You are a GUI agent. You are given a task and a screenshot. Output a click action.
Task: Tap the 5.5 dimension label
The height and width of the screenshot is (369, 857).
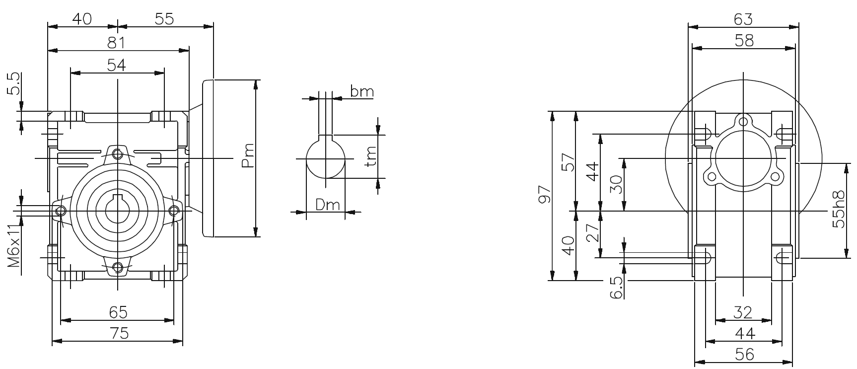click(14, 83)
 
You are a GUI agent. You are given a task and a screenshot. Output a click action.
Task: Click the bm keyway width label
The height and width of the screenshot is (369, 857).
click(361, 91)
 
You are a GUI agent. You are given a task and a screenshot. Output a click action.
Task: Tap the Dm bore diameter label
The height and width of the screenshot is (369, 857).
click(328, 204)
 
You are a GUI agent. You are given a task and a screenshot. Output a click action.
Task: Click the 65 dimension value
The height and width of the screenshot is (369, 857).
click(118, 312)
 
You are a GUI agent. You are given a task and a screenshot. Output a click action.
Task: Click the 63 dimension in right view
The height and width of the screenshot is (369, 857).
click(743, 19)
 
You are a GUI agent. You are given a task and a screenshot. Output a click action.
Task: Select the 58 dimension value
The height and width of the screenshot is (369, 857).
click(743, 40)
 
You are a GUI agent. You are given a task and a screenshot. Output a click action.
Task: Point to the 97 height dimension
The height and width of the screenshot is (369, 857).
click(544, 195)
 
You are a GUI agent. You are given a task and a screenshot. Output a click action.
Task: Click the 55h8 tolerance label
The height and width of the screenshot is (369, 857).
click(839, 209)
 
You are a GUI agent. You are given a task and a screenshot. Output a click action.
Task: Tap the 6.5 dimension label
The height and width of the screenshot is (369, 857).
click(616, 288)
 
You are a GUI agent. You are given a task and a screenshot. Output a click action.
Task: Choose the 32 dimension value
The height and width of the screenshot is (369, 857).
click(743, 312)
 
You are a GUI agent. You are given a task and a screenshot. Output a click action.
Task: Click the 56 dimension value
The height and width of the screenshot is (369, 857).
click(743, 354)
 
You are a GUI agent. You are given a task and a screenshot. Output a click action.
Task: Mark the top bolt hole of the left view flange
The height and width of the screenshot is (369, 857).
click(117, 154)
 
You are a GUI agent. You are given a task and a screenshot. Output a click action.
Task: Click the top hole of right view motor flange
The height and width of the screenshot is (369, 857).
click(743, 121)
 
